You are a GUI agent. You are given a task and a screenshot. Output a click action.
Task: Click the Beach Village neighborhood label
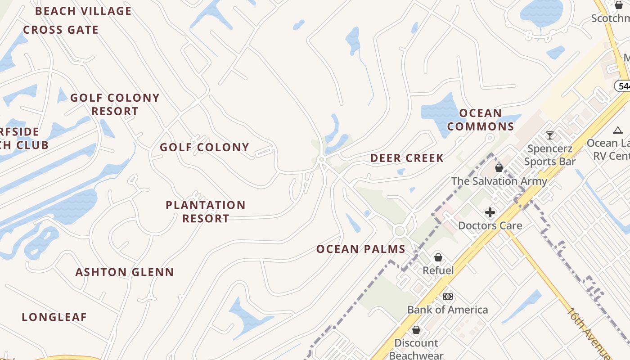[83, 11]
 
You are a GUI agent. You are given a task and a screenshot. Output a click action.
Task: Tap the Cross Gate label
[61, 30]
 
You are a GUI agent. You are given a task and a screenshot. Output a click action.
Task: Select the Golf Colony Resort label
[115, 104]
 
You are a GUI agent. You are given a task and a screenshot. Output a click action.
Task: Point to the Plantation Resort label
[206, 211]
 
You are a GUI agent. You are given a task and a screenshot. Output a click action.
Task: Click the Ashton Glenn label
[124, 272]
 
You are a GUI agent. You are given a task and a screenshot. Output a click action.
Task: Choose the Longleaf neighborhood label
[54, 317]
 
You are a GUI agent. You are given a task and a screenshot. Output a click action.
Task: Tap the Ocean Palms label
[361, 249]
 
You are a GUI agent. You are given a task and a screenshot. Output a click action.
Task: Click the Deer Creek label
[407, 158]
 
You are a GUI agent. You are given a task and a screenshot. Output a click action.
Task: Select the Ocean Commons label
[481, 120]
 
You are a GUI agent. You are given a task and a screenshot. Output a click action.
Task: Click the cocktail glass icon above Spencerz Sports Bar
[549, 135]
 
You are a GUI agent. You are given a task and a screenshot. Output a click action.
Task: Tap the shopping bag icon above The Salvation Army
[499, 168]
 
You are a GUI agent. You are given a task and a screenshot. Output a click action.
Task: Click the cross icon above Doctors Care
[490, 212]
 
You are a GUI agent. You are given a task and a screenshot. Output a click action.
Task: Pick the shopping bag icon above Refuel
[438, 257]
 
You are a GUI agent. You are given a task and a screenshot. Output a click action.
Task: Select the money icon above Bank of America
[447, 297]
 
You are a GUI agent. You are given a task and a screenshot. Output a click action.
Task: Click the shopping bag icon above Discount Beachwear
[416, 330]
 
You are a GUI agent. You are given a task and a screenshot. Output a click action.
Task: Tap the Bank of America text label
[447, 310]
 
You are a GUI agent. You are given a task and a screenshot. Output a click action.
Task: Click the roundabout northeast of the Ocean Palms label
[399, 231]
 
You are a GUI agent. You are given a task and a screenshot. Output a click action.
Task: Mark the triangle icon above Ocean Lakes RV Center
[618, 130]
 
